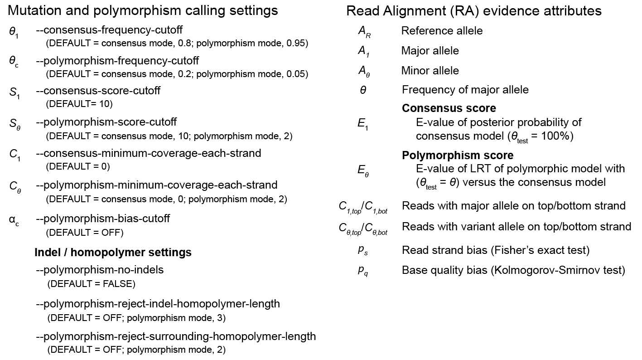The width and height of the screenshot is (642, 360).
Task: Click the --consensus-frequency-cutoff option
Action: point(109,30)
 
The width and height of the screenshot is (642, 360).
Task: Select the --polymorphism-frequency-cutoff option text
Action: point(117,60)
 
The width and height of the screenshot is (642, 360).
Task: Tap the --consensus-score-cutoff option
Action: point(98,91)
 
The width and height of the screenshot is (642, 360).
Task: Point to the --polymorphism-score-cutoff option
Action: point(106,122)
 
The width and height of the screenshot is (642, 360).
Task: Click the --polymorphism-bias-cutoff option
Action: point(103,219)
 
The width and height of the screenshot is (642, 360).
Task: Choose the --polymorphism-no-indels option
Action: point(100,270)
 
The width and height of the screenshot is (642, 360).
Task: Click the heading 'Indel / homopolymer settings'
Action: point(113,252)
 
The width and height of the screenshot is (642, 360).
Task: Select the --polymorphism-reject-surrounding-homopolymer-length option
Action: point(176,336)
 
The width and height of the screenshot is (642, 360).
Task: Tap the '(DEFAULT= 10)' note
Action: point(79,104)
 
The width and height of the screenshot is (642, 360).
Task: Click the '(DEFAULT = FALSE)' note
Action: point(91,284)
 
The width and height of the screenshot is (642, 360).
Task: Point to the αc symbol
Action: point(14,220)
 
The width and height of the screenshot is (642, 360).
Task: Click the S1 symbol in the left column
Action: point(14,93)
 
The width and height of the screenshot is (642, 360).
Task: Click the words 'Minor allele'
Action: point(430,71)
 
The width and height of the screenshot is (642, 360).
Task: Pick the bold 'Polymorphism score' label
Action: point(458,156)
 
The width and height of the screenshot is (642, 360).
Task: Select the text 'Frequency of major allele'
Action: point(465,90)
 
